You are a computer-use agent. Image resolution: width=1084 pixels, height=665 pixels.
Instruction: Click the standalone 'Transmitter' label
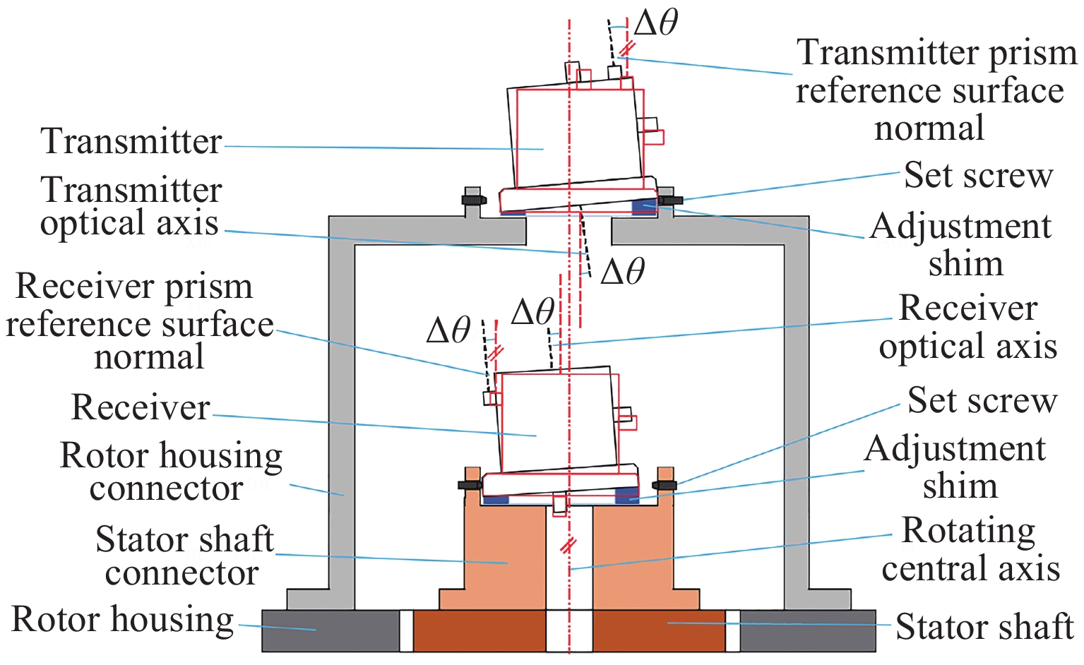pos(131,141)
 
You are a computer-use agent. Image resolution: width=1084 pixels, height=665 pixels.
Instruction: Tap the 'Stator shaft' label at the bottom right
pos(985,626)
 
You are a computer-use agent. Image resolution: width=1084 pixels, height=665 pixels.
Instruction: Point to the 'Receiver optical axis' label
pos(968,327)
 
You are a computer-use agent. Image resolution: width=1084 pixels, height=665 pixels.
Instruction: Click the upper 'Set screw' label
pos(979,174)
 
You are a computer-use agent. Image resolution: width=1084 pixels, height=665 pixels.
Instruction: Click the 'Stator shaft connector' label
pos(184,556)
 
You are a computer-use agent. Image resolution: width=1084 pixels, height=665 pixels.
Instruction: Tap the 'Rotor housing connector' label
pos(171,472)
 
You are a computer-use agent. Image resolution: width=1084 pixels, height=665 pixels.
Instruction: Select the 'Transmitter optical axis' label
pos(131,207)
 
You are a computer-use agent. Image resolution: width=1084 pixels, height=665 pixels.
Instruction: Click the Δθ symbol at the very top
pos(656,23)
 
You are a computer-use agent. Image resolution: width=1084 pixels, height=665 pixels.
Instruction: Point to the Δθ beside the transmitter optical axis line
pos(622,272)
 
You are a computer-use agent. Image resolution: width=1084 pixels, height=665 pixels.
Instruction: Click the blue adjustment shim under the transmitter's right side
pos(644,206)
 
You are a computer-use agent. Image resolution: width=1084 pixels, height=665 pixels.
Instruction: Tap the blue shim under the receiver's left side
pos(494,500)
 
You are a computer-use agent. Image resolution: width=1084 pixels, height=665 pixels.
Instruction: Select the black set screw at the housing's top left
pos(474,200)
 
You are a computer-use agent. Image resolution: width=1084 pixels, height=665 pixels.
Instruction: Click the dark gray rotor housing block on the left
pos(330,630)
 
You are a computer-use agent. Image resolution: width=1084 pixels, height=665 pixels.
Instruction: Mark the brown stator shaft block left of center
pos(479,630)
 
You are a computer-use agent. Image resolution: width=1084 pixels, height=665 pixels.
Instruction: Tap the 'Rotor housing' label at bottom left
pos(122,620)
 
